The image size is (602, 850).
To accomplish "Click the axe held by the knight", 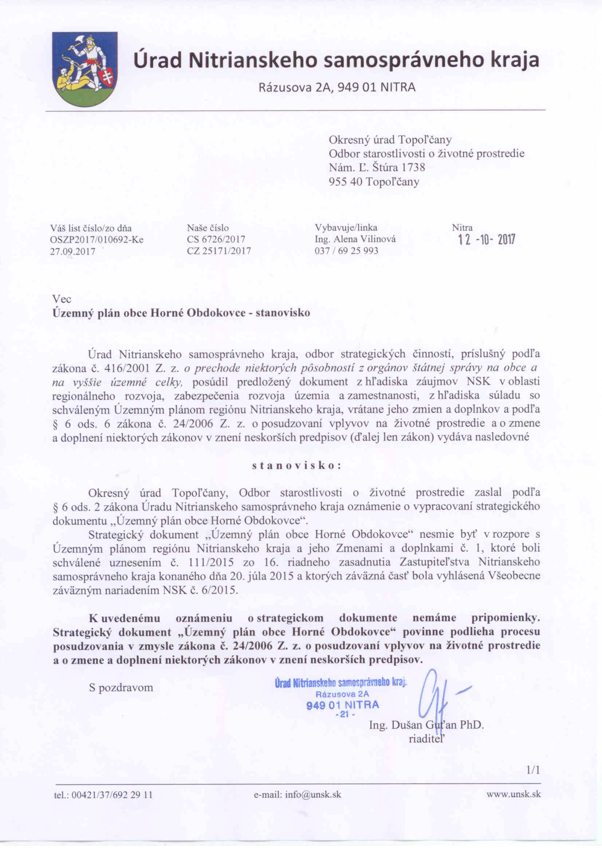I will pos(79,40).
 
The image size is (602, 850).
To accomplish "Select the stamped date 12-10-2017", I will pos(486,241).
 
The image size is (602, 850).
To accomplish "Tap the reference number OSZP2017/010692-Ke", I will pos(97,240).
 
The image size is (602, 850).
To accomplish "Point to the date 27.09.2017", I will pos(73,251).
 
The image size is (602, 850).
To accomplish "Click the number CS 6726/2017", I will pos(216,240).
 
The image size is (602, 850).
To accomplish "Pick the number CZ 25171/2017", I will pos(219,251).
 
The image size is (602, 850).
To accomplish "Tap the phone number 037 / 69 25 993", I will pos(346,251).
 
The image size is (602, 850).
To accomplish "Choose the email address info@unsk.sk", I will pos(297,795).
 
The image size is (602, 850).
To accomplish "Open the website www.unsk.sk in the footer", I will pos(514,794).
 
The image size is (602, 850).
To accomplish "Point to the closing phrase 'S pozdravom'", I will pos(121,688).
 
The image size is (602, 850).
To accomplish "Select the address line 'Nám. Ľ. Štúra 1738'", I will pos(377,168).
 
